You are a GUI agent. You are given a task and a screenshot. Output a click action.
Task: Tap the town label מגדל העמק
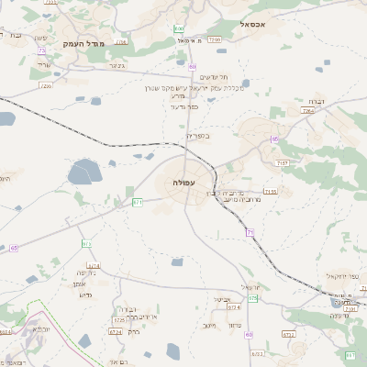pos(84,44)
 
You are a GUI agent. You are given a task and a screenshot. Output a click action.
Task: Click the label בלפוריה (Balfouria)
pos(198,136)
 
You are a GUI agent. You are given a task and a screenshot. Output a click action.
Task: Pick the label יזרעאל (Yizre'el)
pos(254,287)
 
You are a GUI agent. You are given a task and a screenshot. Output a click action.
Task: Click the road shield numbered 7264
pos(307,111)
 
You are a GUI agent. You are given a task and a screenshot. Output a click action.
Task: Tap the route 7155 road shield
pos(269,192)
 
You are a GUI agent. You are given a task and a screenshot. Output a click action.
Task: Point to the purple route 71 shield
pos(250,232)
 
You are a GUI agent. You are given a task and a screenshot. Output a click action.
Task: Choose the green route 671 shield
pos(138,202)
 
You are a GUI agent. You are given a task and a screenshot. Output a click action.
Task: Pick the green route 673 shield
pos(87,244)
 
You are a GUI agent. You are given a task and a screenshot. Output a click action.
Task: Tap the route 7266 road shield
pos(215,40)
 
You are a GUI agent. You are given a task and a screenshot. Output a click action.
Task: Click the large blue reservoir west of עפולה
pos(84,171)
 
